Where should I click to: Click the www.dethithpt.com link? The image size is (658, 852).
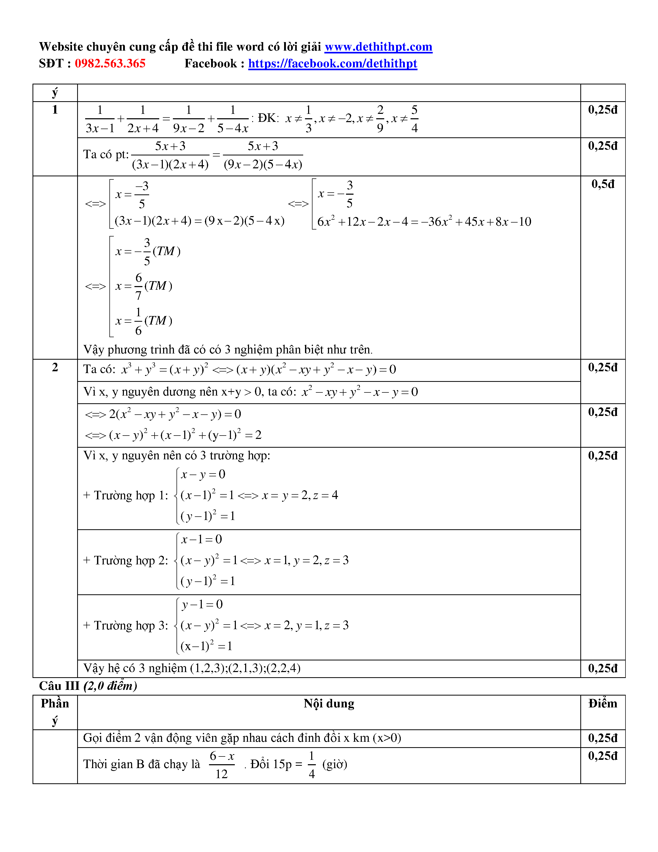pyautogui.click(x=378, y=47)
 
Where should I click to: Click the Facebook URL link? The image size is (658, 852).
pyautogui.click(x=333, y=64)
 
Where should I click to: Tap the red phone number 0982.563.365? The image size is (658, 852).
pyautogui.click(x=110, y=64)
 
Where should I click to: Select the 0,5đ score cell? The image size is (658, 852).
pyautogui.click(x=602, y=184)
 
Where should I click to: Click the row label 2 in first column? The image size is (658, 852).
pyautogui.click(x=55, y=367)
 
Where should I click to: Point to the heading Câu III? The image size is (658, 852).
pyautogui.click(x=59, y=686)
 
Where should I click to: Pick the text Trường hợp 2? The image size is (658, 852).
pyautogui.click(x=125, y=561)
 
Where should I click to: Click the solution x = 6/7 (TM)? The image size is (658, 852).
pyautogui.click(x=144, y=286)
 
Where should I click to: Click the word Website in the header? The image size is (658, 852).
pyautogui.click(x=61, y=47)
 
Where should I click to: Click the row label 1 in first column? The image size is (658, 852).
pyautogui.click(x=55, y=110)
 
